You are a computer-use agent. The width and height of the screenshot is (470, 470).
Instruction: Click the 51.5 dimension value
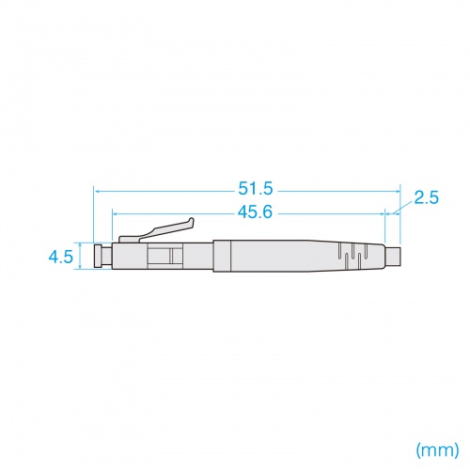point(256,189)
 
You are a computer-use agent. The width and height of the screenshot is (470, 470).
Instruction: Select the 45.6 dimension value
point(256,212)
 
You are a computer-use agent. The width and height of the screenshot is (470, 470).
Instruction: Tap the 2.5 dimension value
point(426,197)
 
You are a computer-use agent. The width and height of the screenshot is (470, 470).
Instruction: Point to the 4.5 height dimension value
point(61,258)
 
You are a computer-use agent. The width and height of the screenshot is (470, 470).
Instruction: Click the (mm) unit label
point(437,450)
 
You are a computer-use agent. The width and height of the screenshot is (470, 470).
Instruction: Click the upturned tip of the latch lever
point(192,223)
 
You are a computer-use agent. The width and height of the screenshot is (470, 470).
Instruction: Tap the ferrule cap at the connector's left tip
point(98,256)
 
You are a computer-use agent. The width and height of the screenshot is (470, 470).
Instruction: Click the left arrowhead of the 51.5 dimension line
point(97,191)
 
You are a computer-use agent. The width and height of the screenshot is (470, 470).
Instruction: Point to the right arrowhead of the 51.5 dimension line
point(398,191)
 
